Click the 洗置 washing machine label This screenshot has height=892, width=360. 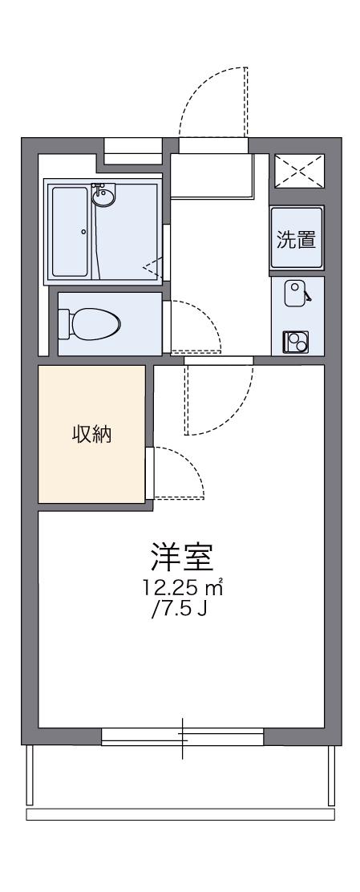297,239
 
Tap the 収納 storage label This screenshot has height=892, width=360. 92,436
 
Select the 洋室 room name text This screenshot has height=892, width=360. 181,556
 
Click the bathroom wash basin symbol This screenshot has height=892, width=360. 102,196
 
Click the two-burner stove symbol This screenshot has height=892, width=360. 295,343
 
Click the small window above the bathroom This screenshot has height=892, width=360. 133,149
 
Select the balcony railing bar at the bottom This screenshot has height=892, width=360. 180,815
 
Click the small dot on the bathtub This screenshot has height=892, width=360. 83,231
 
